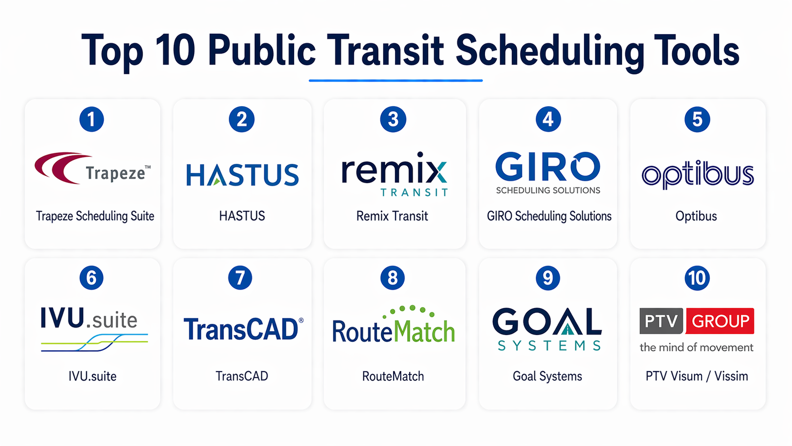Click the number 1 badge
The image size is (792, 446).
(x=91, y=119)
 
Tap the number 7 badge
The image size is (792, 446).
(x=240, y=278)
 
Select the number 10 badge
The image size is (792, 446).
(x=697, y=278)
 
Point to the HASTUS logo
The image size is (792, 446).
(x=242, y=175)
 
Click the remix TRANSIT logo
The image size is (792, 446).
(x=395, y=174)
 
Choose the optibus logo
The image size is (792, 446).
(x=698, y=175)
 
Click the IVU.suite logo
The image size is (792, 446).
(x=94, y=329)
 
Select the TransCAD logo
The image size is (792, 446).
(x=243, y=329)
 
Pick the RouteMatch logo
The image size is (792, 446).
(x=394, y=324)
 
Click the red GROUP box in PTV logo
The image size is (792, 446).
(x=720, y=321)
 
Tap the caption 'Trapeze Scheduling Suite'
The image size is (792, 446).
(x=95, y=216)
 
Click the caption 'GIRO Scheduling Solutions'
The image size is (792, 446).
(x=549, y=216)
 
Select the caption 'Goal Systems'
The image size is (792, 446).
(x=547, y=376)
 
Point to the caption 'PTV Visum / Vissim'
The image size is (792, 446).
(x=697, y=376)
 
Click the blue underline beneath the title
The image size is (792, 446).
(x=396, y=81)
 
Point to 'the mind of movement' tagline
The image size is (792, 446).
(x=696, y=347)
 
